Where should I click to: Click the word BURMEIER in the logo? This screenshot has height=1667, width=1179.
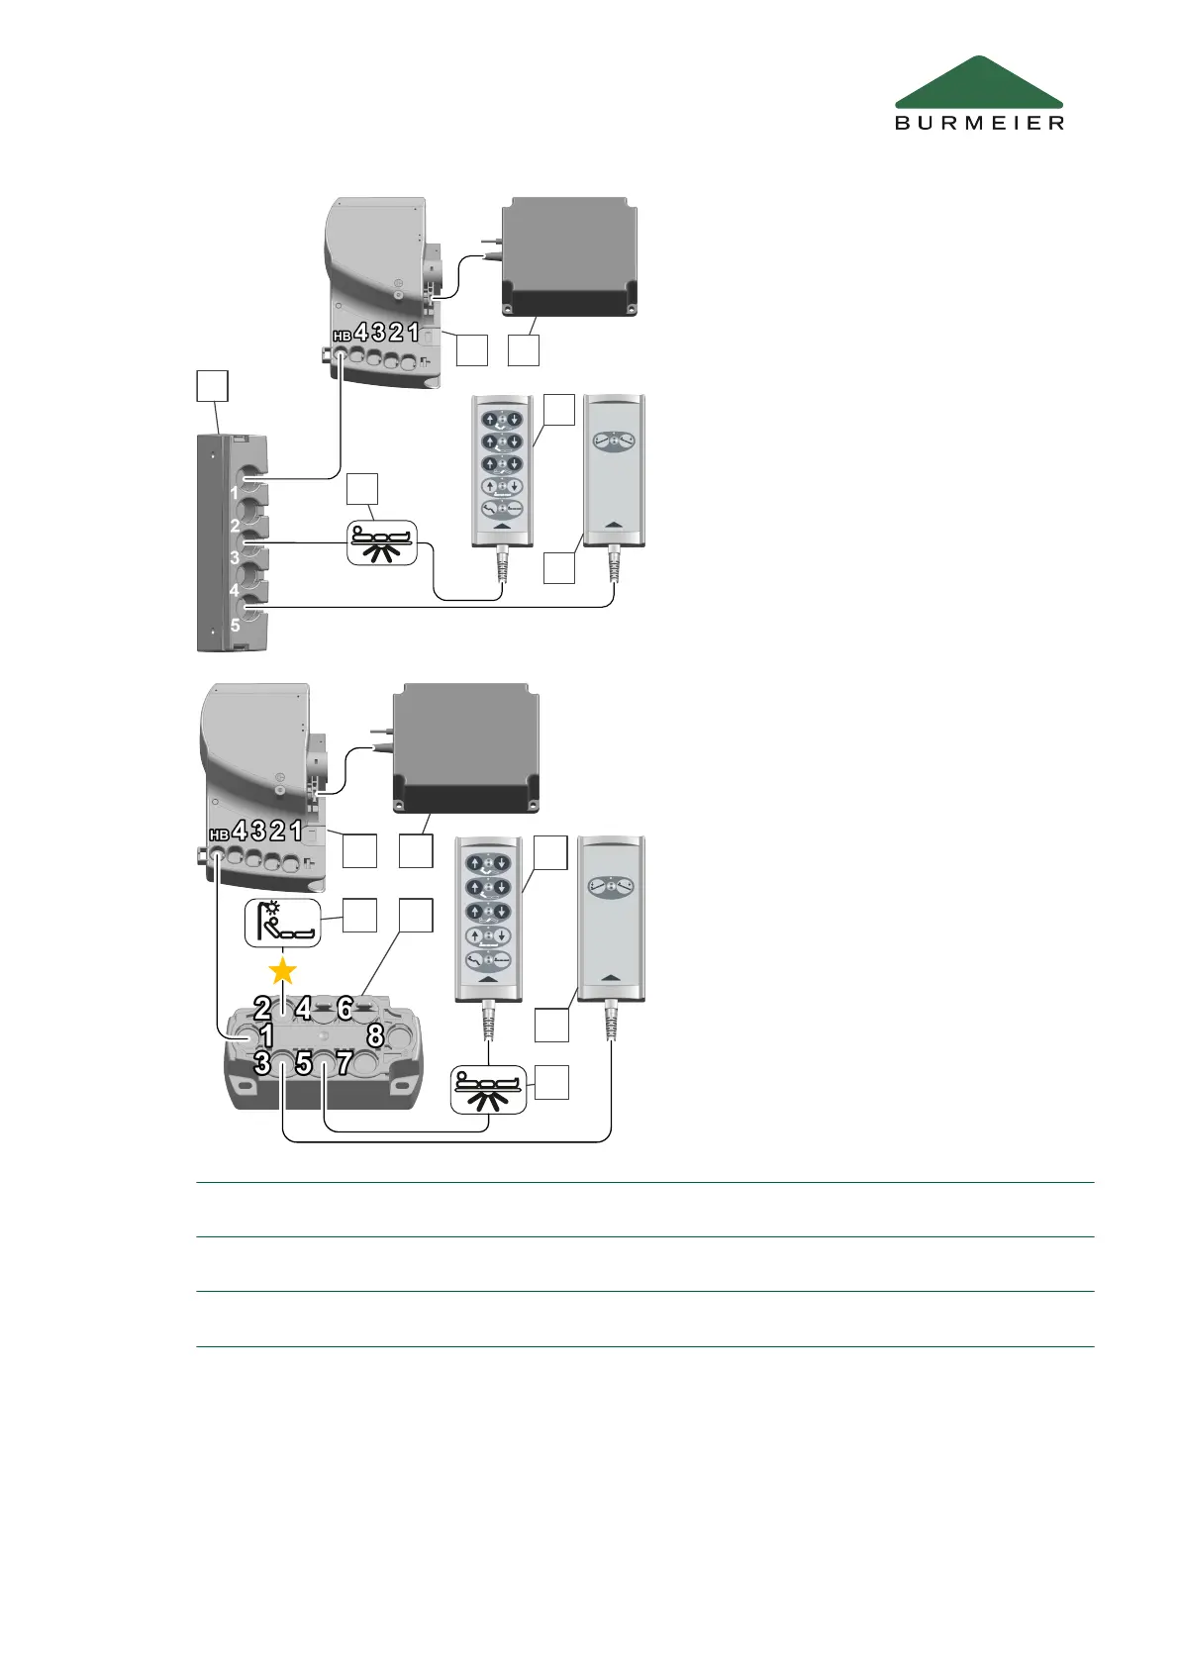pos(979,123)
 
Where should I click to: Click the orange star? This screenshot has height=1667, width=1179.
pos(283,971)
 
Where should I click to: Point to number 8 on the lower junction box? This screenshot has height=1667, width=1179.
pos(375,1035)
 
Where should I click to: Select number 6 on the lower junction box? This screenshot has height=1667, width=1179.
pos(344,1008)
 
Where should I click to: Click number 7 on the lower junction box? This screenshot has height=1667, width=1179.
pos(344,1063)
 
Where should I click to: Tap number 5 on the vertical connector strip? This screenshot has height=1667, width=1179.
pos(235,626)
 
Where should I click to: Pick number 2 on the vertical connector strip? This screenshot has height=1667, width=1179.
pos(235,526)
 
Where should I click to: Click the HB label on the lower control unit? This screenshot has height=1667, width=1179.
pos(219,835)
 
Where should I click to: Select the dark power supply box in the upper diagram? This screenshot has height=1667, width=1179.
pos(569,257)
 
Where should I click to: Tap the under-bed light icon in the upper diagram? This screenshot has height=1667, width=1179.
pos(382,543)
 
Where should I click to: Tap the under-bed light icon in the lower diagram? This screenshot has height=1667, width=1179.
pos(488,1090)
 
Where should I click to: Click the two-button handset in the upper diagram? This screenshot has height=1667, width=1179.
pos(614,470)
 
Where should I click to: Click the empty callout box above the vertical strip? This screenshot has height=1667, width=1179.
pos(212,386)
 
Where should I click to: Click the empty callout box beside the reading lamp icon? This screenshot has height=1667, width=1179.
pos(359,915)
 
